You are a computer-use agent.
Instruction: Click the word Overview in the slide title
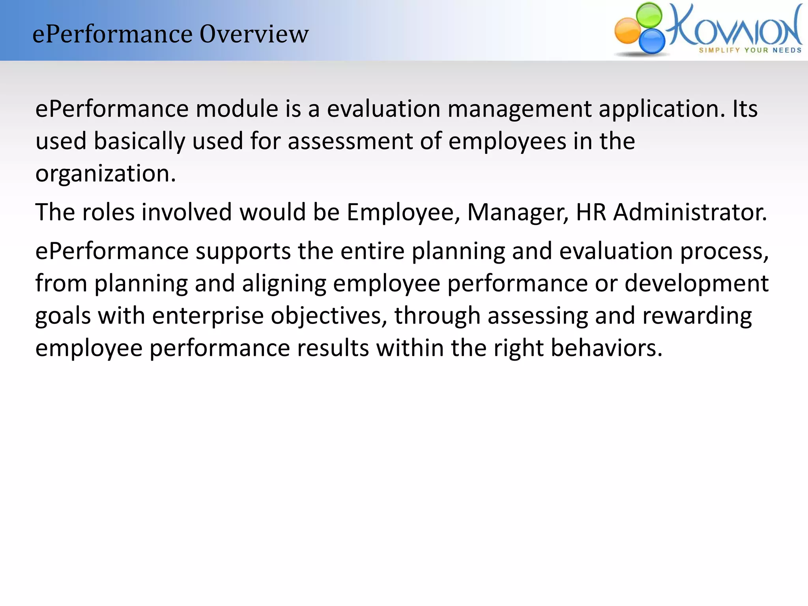pyautogui.click(x=254, y=34)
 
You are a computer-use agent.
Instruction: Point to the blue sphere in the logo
pyautogui.click(x=652, y=41)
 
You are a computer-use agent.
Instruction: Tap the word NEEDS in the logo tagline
pyautogui.click(x=787, y=50)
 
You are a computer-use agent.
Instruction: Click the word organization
pyautogui.click(x=105, y=174)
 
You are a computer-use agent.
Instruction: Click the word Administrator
pyautogui.click(x=690, y=212)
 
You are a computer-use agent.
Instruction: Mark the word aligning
pyautogui.click(x=284, y=284)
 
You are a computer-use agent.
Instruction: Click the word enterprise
pyautogui.click(x=208, y=316)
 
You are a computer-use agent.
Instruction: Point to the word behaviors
pyautogui.click(x=606, y=348)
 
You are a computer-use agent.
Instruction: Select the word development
pyautogui.click(x=697, y=284)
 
